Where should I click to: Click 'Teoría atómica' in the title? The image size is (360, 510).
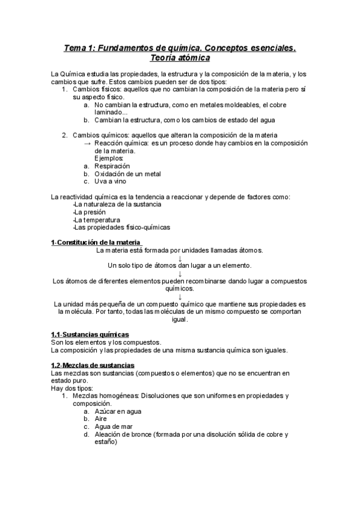pyautogui.click(x=180, y=59)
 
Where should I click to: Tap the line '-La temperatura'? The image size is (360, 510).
pyautogui.click(x=96, y=220)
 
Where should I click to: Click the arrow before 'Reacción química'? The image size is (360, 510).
pyautogui.click(x=88, y=143)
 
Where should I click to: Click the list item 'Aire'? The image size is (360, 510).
pyautogui.click(x=100, y=419)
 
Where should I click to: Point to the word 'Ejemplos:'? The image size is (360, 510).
pyautogui.click(x=109, y=158)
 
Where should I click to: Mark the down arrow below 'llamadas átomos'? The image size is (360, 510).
pyautogui.click(x=180, y=258)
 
